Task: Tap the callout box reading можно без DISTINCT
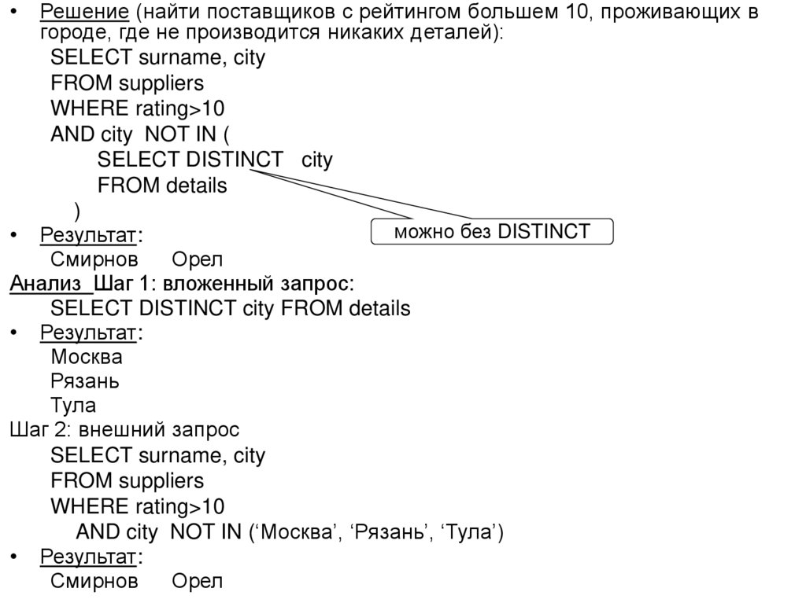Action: coord(492,232)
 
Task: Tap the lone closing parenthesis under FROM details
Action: coord(76,211)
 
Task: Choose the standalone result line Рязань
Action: coord(85,381)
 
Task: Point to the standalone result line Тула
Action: coord(73,406)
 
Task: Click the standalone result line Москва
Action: coord(87,357)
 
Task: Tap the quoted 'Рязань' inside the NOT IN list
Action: coord(389,532)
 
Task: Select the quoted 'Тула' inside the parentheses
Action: coord(469,532)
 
